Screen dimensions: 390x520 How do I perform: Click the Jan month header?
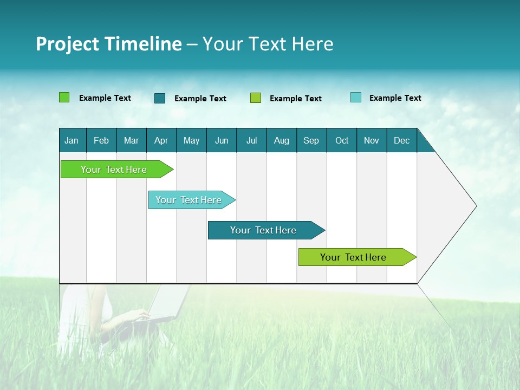click(x=71, y=140)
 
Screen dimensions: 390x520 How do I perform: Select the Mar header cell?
click(x=131, y=140)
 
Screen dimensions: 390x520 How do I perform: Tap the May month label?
click(x=191, y=140)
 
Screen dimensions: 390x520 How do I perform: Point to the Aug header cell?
click(x=281, y=140)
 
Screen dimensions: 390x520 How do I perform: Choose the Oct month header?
click(x=342, y=140)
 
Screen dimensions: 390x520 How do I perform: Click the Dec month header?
click(x=401, y=140)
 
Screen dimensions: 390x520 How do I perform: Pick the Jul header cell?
click(x=251, y=140)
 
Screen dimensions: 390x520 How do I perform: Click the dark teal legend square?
click(x=160, y=98)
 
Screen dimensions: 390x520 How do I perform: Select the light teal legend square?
click(x=355, y=97)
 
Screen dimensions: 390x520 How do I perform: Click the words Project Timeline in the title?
click(x=109, y=44)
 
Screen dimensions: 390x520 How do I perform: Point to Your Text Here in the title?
click(x=268, y=44)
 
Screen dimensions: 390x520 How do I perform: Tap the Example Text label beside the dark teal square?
click(x=200, y=99)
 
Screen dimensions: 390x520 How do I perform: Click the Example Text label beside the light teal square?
click(x=395, y=98)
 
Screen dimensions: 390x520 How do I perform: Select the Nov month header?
click(x=372, y=140)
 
